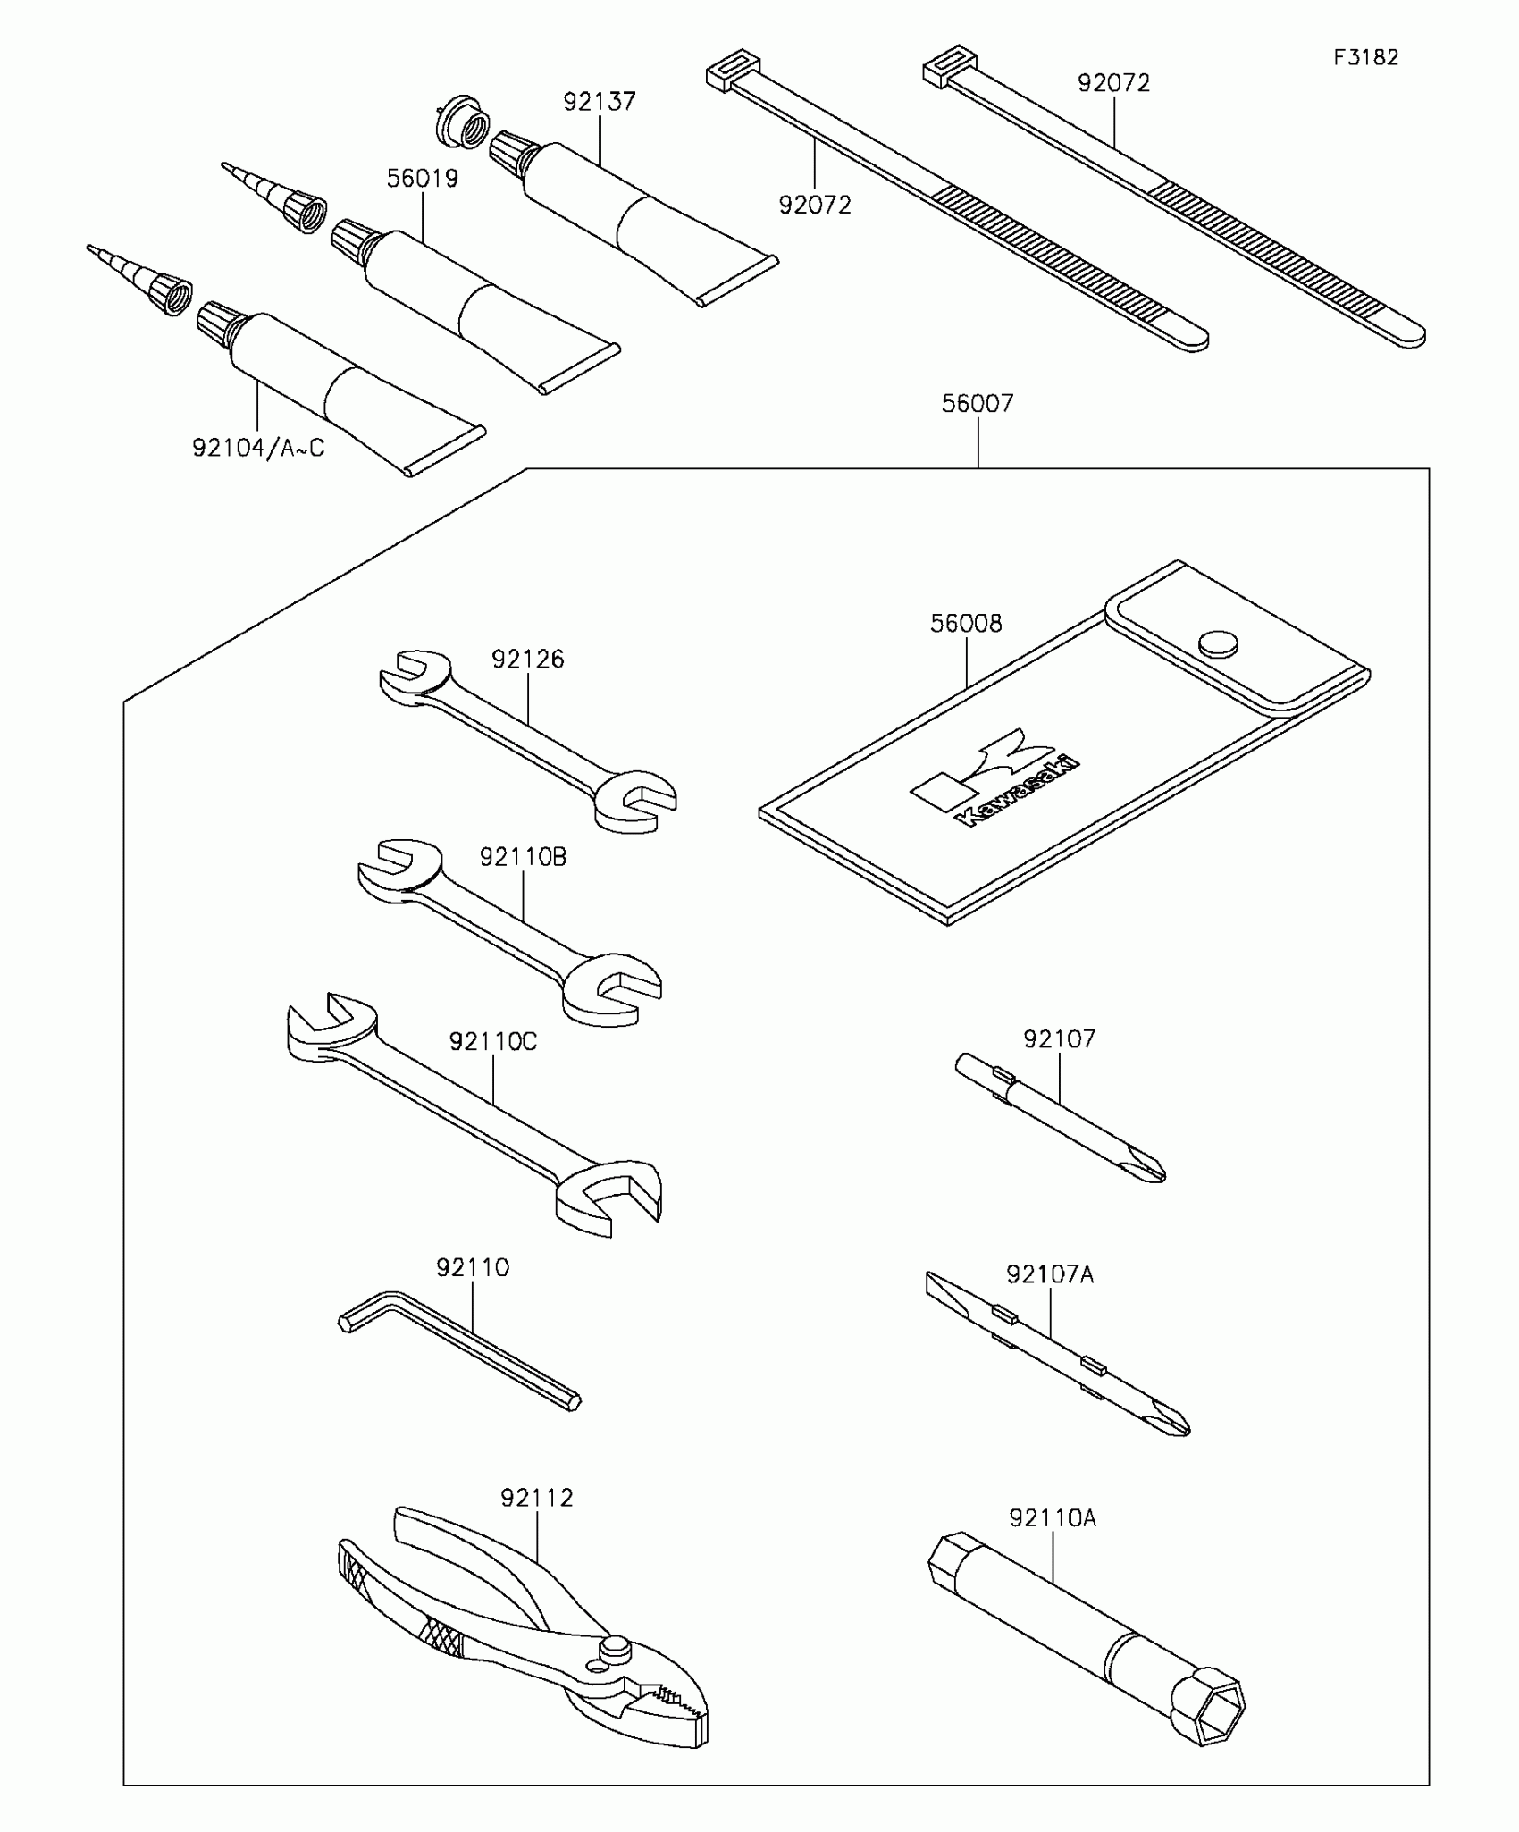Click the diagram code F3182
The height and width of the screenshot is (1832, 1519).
coord(1365,58)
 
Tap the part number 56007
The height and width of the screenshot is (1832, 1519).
coord(978,404)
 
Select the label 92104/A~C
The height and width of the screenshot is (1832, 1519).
coord(258,448)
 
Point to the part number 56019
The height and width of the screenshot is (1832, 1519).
coord(422,179)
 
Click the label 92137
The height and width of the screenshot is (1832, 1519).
coord(599,102)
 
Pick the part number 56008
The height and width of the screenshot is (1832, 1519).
coord(966,624)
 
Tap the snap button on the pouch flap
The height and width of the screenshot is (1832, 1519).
coord(1218,643)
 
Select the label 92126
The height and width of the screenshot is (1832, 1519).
coord(527,660)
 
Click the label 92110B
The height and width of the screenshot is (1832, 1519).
coord(523,857)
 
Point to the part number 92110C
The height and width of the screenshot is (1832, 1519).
coord(492,1042)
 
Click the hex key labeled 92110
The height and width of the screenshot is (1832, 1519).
coord(460,1350)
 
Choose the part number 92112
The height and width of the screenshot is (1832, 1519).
coord(536,1498)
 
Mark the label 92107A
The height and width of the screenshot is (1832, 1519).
coord(1050,1274)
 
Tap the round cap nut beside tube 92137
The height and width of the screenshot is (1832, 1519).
coord(462,122)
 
